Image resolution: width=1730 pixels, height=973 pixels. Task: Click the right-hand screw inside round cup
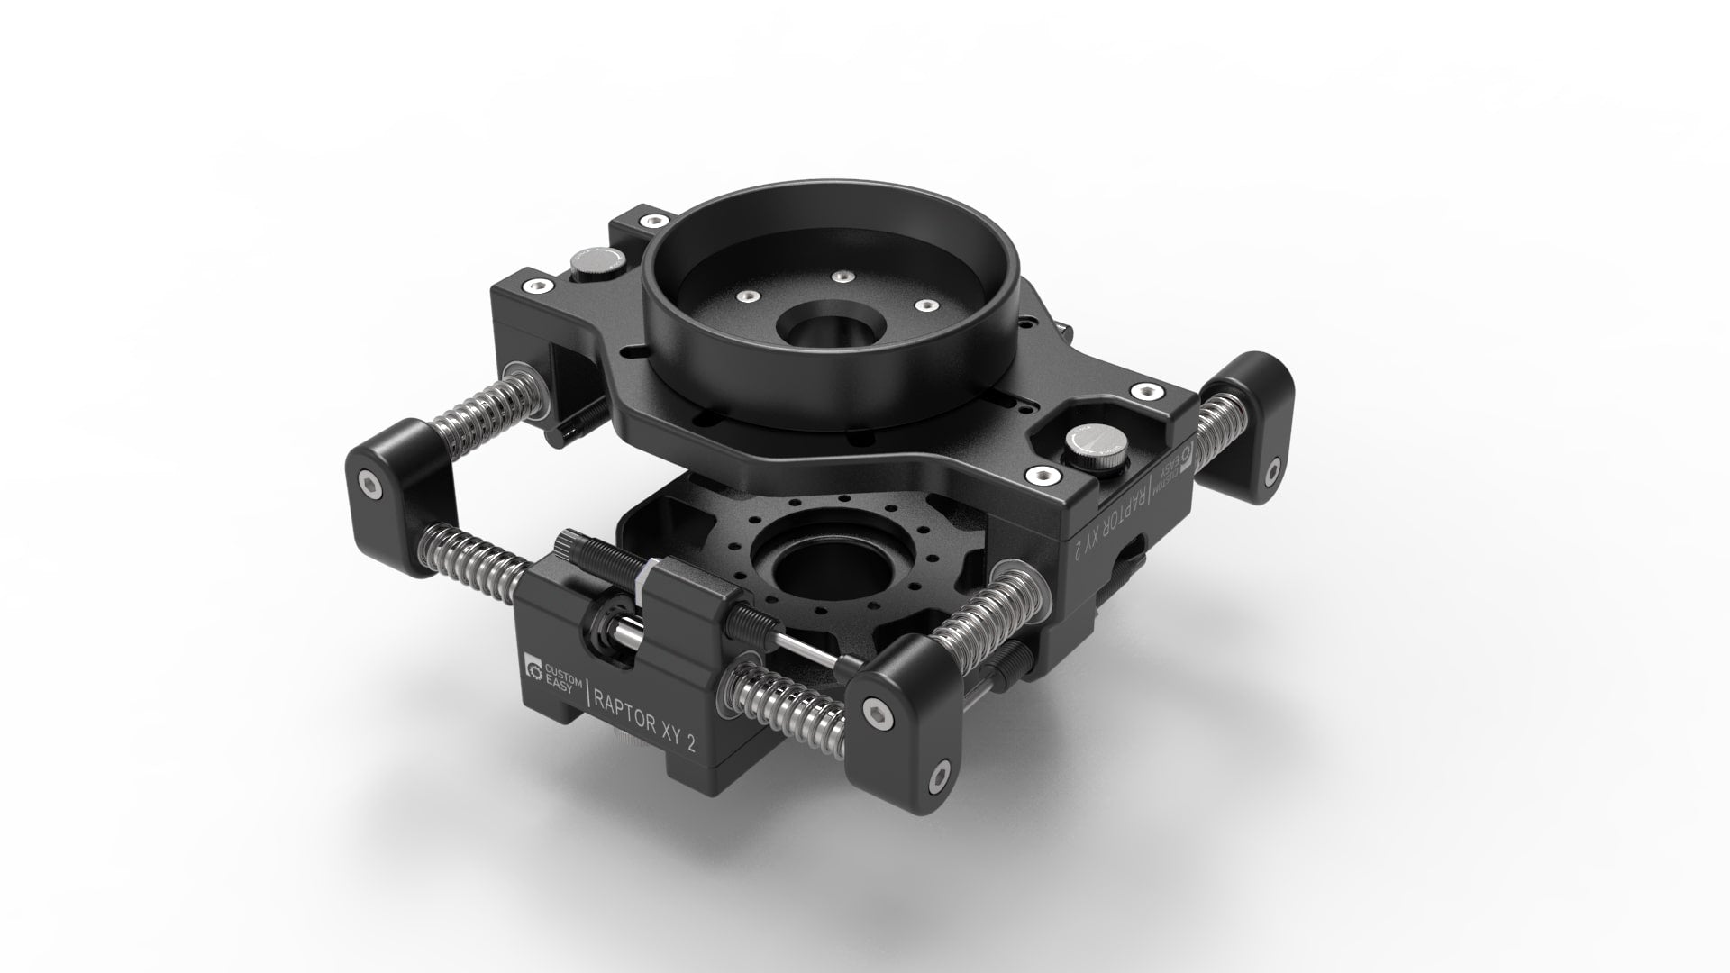pyautogui.click(x=921, y=305)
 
